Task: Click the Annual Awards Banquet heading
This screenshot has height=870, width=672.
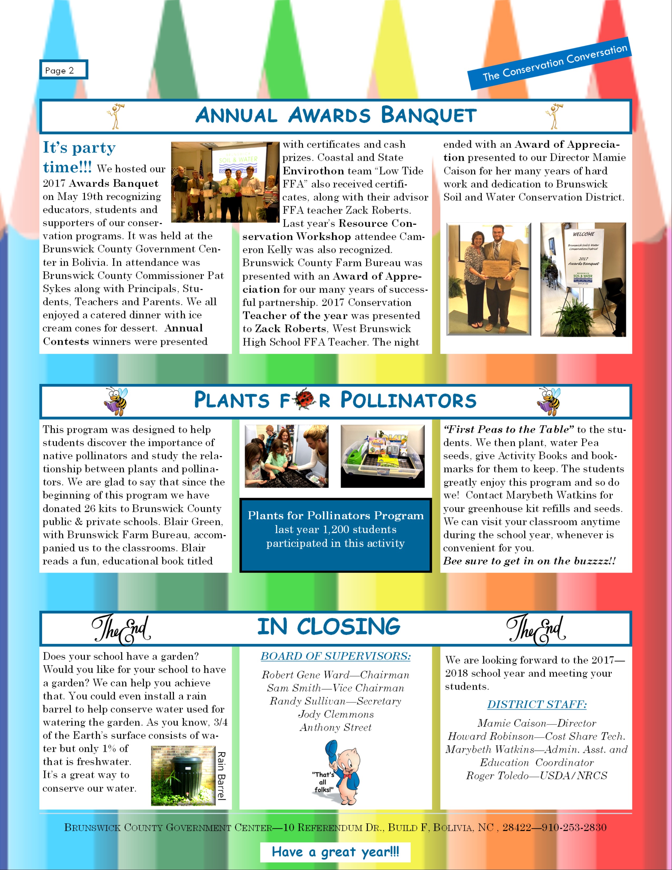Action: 335,115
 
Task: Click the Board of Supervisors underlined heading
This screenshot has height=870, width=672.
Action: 335,656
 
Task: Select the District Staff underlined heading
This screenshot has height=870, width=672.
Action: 537,704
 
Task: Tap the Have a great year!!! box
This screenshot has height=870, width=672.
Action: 335,852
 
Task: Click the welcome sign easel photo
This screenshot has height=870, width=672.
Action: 583,279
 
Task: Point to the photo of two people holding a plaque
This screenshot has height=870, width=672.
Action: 489,279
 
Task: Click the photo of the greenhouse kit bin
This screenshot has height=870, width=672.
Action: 383,456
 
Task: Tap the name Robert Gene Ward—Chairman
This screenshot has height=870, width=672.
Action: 335,675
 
